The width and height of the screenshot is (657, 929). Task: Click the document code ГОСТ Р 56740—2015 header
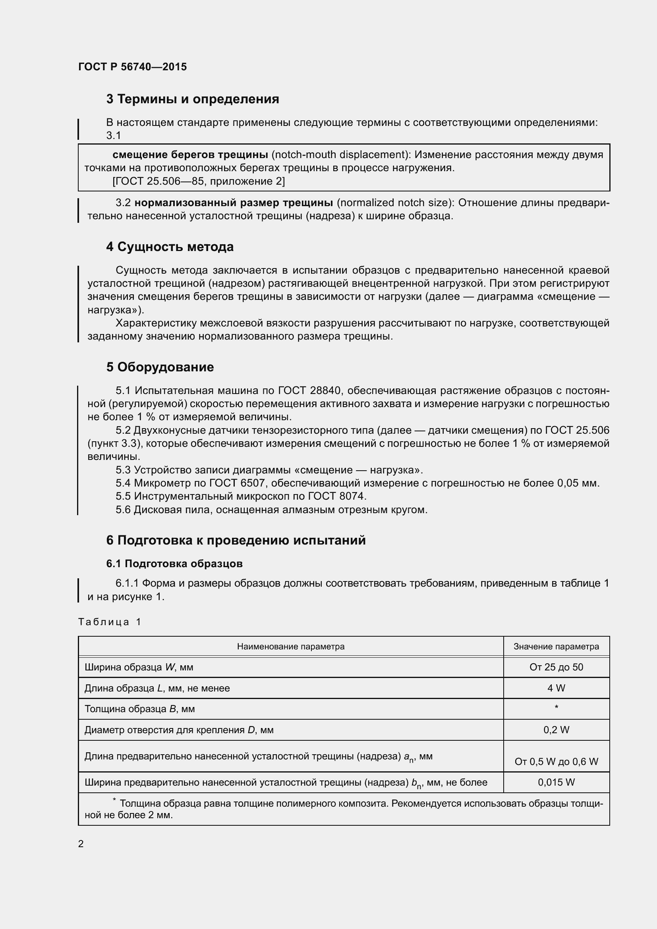[x=132, y=67]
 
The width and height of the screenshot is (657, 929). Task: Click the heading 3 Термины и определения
[x=193, y=99]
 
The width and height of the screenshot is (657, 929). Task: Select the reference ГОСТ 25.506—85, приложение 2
[x=199, y=181]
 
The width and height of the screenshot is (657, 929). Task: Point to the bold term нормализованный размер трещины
[x=234, y=203]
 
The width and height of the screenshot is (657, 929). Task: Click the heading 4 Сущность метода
[x=170, y=247]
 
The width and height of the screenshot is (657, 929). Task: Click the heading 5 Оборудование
[x=160, y=367]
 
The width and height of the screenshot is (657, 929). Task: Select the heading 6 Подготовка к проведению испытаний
[x=236, y=540]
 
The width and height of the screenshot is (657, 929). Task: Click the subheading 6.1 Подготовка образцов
[x=174, y=564]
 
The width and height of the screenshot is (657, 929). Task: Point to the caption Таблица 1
[x=110, y=622]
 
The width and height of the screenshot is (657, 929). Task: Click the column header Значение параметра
[x=556, y=647]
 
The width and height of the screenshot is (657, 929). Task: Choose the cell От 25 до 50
[x=556, y=667]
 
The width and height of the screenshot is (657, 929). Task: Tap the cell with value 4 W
[x=556, y=688]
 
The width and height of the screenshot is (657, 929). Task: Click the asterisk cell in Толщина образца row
[x=556, y=708]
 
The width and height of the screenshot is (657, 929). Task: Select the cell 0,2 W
[x=556, y=730]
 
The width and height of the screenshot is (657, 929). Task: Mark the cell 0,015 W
[x=556, y=782]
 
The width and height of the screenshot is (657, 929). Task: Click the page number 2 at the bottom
[x=81, y=844]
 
